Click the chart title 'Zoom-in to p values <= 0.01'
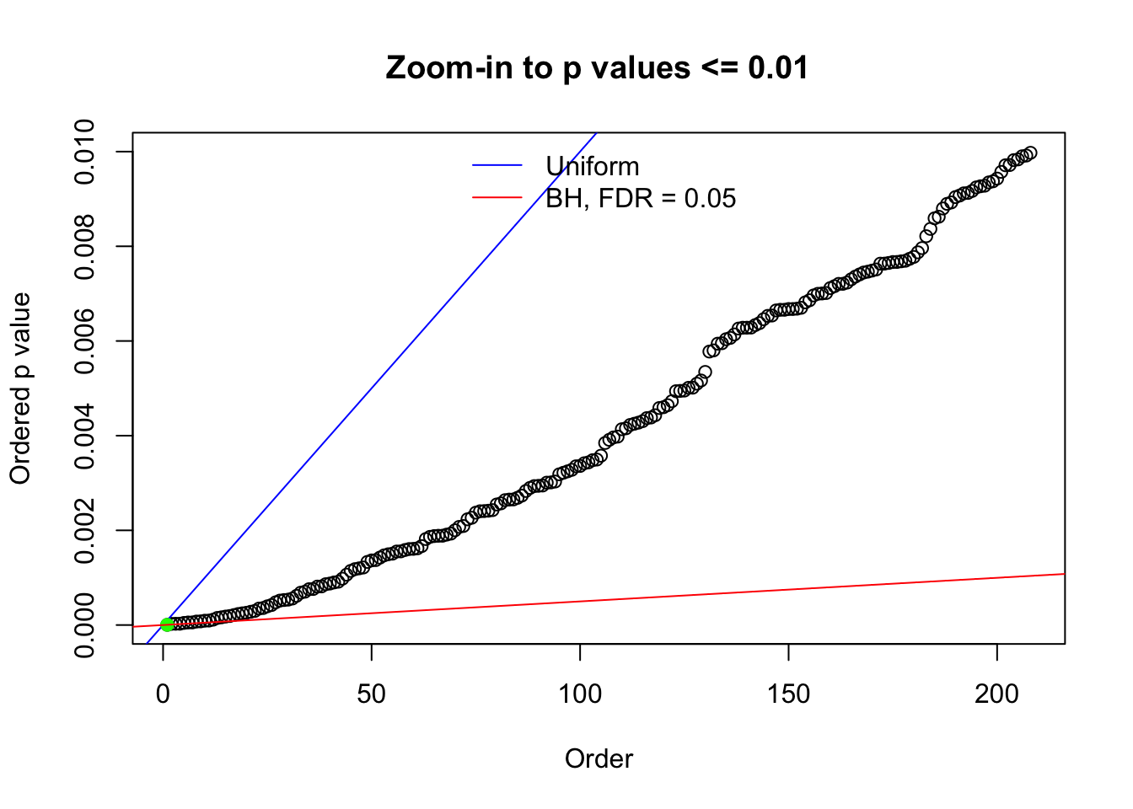click(x=597, y=67)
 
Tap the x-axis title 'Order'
click(x=599, y=758)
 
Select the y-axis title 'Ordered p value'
click(x=20, y=388)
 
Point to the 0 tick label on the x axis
click(x=164, y=694)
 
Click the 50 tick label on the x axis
click(x=371, y=694)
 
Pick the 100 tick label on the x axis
click(x=580, y=694)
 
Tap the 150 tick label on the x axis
click(x=788, y=694)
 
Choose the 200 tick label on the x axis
click(x=996, y=694)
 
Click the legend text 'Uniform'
click(x=593, y=166)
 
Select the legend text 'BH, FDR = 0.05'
click(x=641, y=198)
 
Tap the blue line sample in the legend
click(x=497, y=165)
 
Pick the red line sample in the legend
click(x=497, y=197)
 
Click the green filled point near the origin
click(x=167, y=624)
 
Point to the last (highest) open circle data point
click(x=1029, y=153)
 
